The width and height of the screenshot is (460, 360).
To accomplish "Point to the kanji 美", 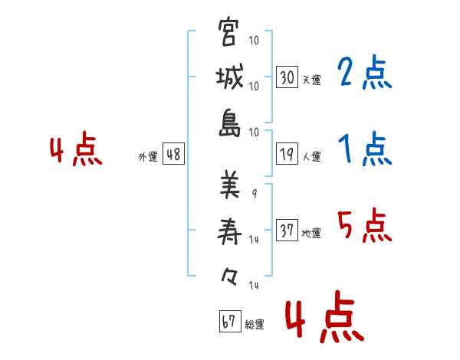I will pyautogui.click(x=229, y=184).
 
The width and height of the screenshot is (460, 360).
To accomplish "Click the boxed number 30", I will pyautogui.click(x=287, y=77).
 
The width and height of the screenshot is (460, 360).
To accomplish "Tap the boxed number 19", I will pyautogui.click(x=287, y=154).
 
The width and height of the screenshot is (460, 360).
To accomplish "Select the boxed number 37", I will pyautogui.click(x=287, y=231).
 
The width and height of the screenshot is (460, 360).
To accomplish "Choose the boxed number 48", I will pyautogui.click(x=173, y=154).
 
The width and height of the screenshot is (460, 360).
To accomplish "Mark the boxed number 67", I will pyautogui.click(x=228, y=321).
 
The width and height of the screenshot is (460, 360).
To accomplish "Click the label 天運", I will pyautogui.click(x=311, y=80).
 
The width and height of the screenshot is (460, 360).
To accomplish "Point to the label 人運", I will pyautogui.click(x=311, y=156).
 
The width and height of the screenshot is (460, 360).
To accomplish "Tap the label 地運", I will pyautogui.click(x=311, y=233).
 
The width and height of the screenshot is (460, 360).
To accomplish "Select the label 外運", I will pyautogui.click(x=147, y=156).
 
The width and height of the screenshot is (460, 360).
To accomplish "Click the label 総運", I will pyautogui.click(x=254, y=324).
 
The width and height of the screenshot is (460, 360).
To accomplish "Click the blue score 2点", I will pyautogui.click(x=365, y=74).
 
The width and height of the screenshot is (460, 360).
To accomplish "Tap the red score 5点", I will pyautogui.click(x=365, y=226).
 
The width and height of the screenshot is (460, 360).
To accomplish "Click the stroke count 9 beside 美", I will pyautogui.click(x=255, y=194).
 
